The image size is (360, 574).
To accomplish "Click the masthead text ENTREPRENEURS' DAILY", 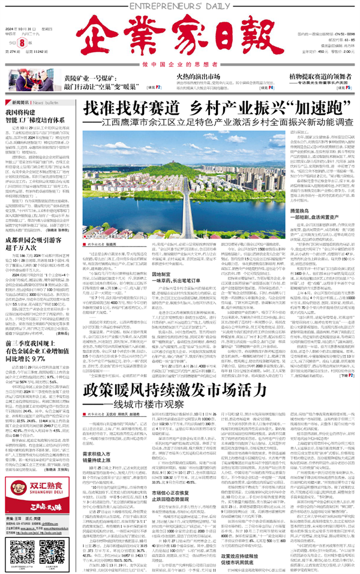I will (180, 5).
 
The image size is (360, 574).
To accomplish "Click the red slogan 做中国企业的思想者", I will (180, 64).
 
